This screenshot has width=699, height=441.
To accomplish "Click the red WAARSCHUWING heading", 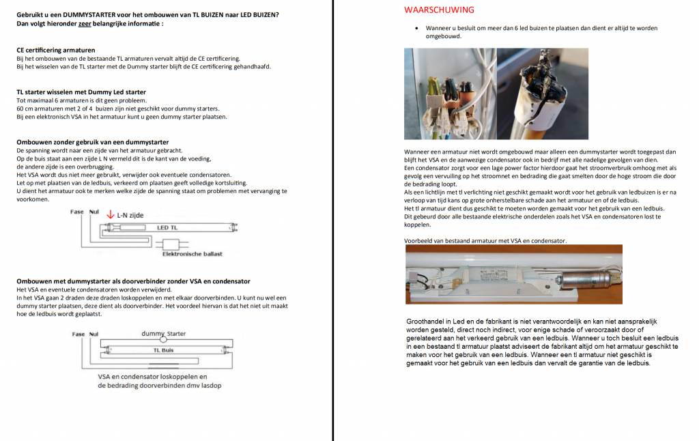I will [439, 10].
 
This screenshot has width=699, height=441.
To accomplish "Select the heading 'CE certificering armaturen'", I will [56, 51].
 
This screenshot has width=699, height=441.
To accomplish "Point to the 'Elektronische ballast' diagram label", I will [192, 254].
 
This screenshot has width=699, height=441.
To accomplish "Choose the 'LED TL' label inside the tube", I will [167, 227].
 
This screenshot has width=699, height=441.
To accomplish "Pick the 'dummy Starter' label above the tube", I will [163, 334].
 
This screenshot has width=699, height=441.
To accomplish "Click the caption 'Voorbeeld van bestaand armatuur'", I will [485, 240].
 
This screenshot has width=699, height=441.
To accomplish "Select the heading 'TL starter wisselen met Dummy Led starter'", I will [81, 92].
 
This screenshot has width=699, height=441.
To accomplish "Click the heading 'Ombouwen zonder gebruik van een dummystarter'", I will [93, 142].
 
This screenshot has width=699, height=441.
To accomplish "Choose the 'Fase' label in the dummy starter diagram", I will [79, 334].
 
